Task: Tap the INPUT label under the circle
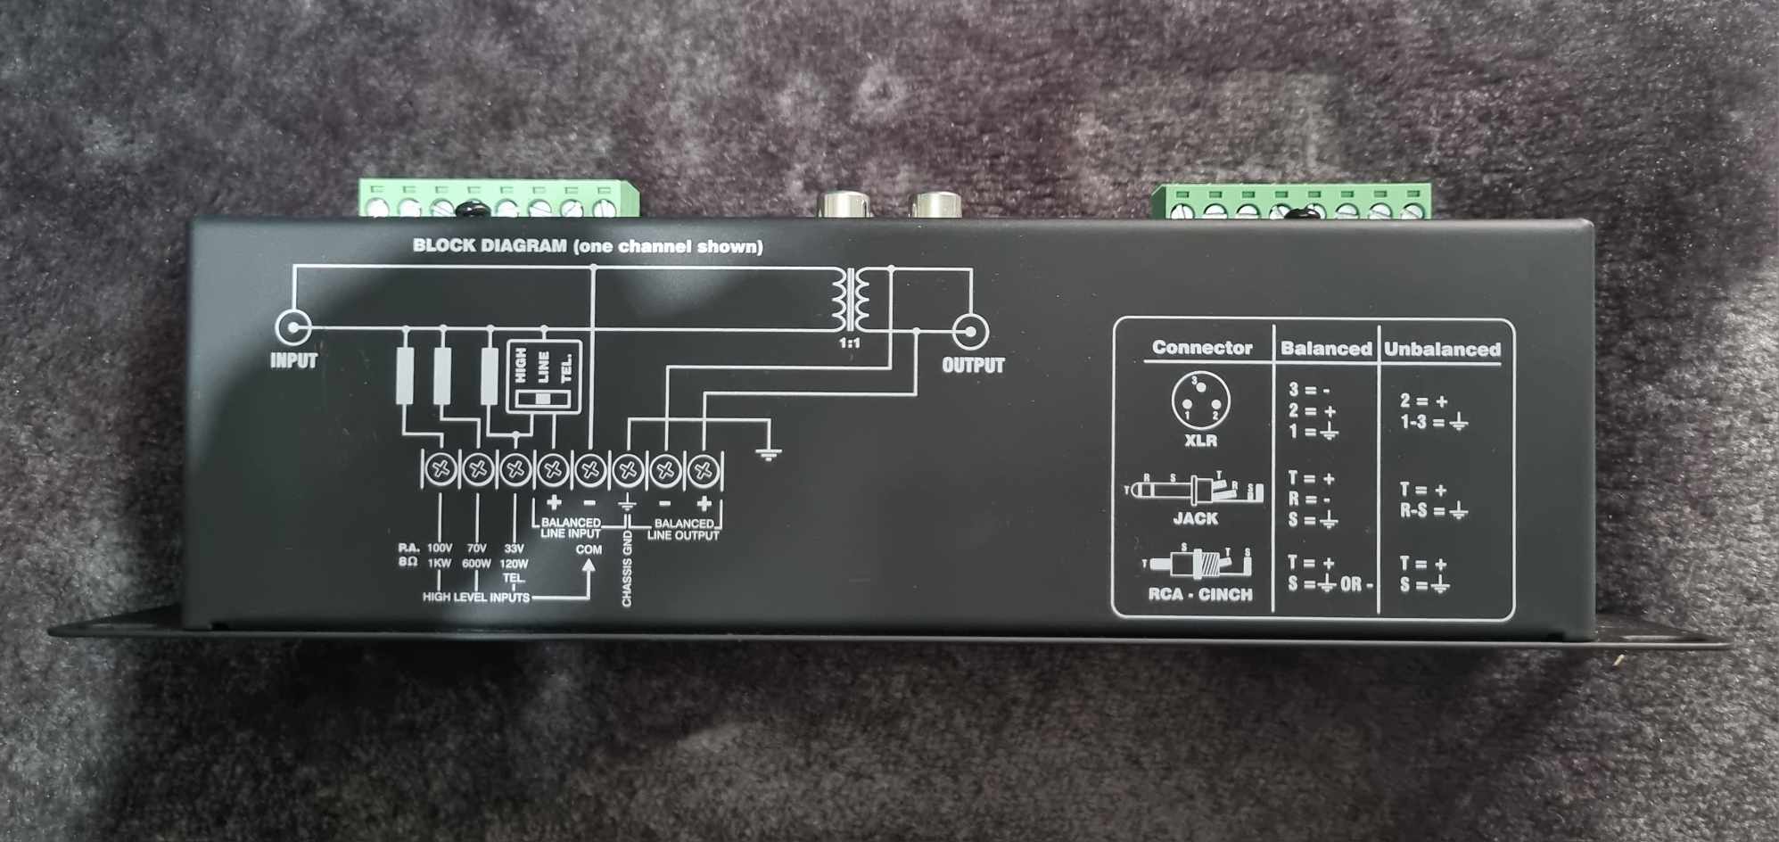click(293, 361)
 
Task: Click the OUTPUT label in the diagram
click(973, 366)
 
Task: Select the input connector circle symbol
click(292, 328)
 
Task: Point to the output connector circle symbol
click(969, 332)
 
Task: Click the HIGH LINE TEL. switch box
click(543, 376)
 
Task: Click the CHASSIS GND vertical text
click(627, 569)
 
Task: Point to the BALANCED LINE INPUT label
click(571, 528)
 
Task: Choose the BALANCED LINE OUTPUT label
click(683, 529)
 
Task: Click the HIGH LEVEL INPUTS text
click(475, 597)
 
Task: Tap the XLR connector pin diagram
click(1200, 400)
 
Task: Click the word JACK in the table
click(1195, 518)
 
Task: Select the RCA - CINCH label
click(1199, 594)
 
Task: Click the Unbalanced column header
click(1442, 350)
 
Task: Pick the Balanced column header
click(1326, 349)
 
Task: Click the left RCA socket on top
click(841, 204)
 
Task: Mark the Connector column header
click(1201, 348)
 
